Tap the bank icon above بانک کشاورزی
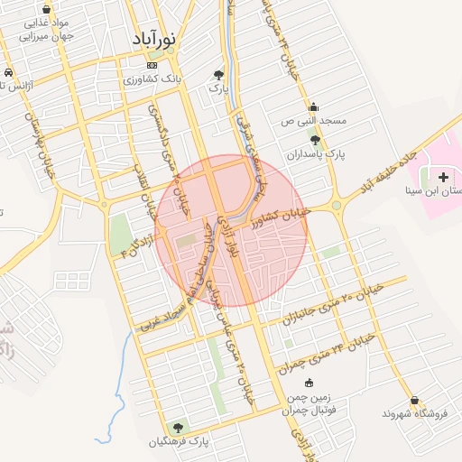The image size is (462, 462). (152, 65)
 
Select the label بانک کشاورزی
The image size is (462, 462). (153, 79)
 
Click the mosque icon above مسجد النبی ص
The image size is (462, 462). (313, 106)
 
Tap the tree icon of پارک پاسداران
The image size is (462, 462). (315, 140)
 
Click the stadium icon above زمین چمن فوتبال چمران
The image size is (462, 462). (310, 383)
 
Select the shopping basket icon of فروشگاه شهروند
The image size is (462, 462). (414, 400)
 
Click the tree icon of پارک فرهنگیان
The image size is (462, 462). (178, 427)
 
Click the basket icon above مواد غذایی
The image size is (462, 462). (46, 9)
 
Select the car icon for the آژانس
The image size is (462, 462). (7, 72)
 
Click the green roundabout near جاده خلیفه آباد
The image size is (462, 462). (337, 206)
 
